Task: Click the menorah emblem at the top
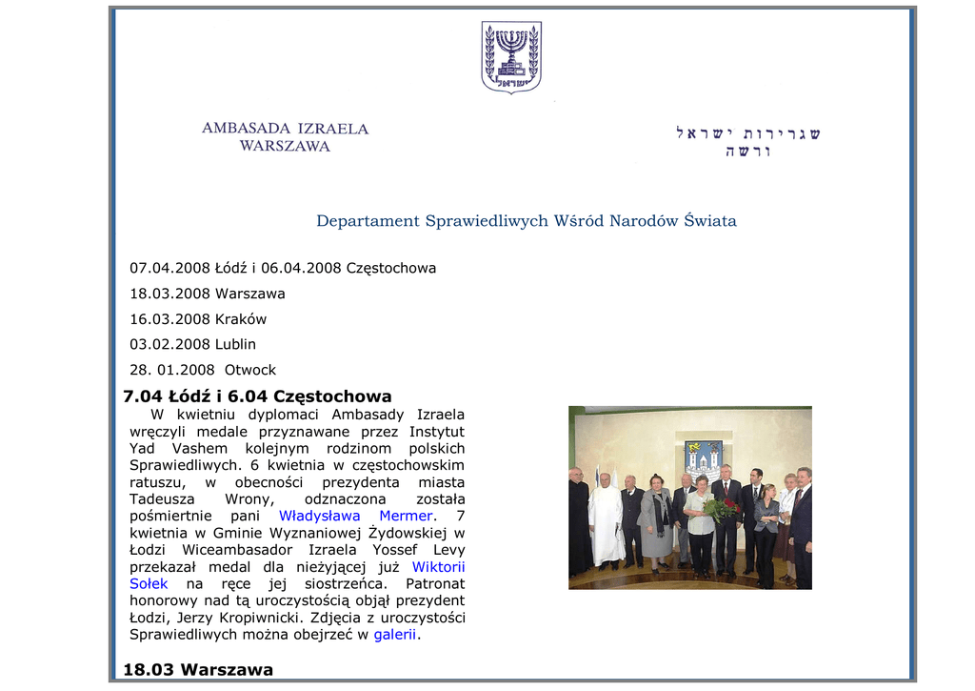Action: [511, 56]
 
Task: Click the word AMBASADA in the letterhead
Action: [246, 129]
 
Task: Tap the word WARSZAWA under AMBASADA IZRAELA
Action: [285, 147]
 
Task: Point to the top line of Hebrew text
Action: [747, 133]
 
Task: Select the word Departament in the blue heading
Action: [368, 221]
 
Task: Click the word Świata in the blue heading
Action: [709, 221]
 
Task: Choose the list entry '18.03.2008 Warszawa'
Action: [208, 294]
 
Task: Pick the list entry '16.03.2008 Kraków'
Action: [198, 319]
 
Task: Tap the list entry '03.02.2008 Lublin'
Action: [193, 344]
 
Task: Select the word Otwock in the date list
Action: [249, 370]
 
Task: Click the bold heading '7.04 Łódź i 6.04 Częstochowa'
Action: [257, 396]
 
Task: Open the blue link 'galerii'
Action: [394, 634]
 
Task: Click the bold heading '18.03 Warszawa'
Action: [198, 670]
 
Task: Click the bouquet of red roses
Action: [721, 508]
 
